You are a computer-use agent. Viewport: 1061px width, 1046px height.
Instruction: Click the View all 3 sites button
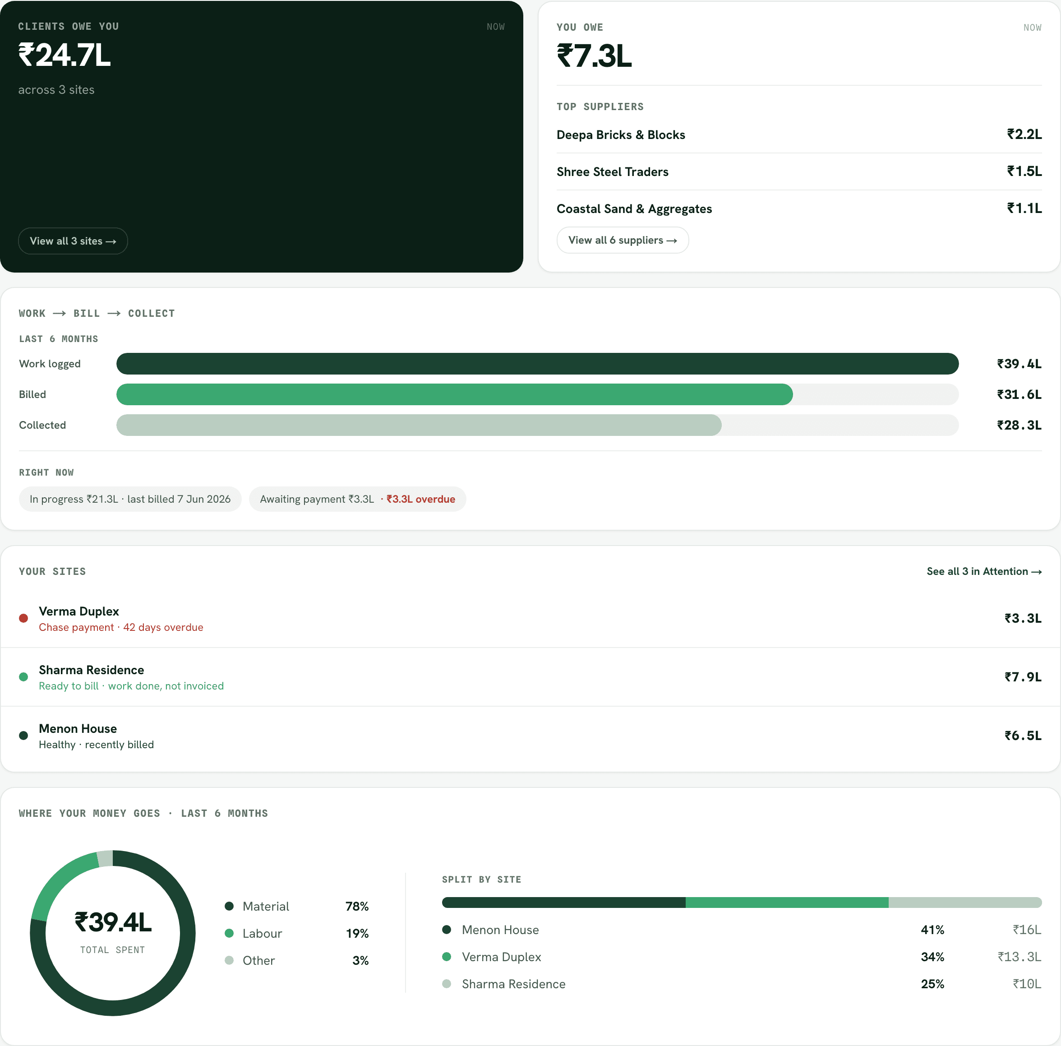click(x=73, y=241)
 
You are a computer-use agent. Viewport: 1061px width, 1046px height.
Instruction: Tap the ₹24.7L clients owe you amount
click(x=65, y=56)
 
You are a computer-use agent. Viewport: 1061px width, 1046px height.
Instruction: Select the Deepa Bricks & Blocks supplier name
click(x=621, y=135)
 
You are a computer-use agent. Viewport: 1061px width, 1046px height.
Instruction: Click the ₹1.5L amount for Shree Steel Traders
click(x=1024, y=171)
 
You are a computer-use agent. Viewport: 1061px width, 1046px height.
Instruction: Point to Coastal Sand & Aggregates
click(x=634, y=209)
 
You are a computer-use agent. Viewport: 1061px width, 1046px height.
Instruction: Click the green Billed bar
click(x=455, y=394)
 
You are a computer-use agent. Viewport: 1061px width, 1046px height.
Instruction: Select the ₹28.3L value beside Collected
click(x=1019, y=425)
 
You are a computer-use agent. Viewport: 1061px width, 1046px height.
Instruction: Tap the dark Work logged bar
click(x=538, y=364)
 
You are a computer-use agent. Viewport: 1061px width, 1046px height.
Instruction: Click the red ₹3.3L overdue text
click(x=421, y=500)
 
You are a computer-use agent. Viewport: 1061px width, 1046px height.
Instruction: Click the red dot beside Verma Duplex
click(x=23, y=619)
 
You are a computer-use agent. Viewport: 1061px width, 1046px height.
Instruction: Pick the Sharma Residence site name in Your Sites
click(x=91, y=670)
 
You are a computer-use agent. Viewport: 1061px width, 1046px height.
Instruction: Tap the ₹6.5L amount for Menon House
click(x=1023, y=736)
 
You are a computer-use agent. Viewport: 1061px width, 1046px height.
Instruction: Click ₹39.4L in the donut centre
click(x=113, y=922)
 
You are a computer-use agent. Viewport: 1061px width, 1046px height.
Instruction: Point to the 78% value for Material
click(x=357, y=907)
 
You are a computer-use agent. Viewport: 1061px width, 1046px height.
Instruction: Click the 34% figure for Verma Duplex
click(x=932, y=957)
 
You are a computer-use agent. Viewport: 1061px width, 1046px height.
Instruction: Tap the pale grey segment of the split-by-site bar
click(x=965, y=903)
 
